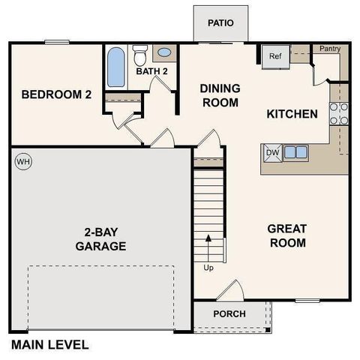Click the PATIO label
click(x=220, y=22)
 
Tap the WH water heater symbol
click(x=22, y=162)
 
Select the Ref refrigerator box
click(x=274, y=56)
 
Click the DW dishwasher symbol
click(x=271, y=152)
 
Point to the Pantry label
click(x=330, y=49)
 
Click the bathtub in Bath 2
click(x=115, y=68)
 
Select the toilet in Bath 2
click(x=139, y=55)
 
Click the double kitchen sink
click(x=295, y=152)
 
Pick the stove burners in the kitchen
click(x=339, y=112)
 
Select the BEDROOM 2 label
click(x=56, y=94)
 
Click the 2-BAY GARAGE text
click(x=100, y=238)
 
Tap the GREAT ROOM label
click(x=287, y=235)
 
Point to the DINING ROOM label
click(x=219, y=95)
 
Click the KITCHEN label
click(x=292, y=114)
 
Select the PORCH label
click(x=229, y=313)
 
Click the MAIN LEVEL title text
click(x=49, y=345)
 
